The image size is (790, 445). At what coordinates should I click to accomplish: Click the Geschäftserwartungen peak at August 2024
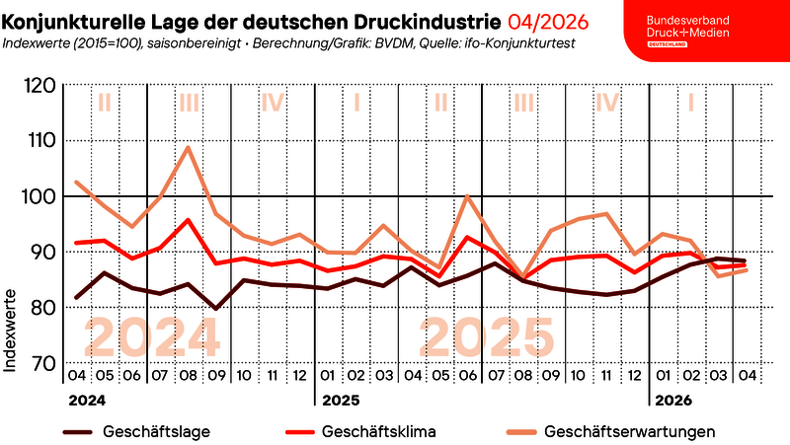click(x=189, y=147)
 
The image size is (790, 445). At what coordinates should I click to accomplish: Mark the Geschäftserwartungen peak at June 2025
click(x=467, y=195)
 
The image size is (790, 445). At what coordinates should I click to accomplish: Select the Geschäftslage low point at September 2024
click(x=216, y=309)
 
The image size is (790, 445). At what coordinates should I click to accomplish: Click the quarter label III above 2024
click(x=189, y=103)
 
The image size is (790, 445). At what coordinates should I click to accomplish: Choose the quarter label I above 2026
click(x=691, y=103)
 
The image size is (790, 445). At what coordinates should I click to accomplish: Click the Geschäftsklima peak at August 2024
click(x=189, y=220)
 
